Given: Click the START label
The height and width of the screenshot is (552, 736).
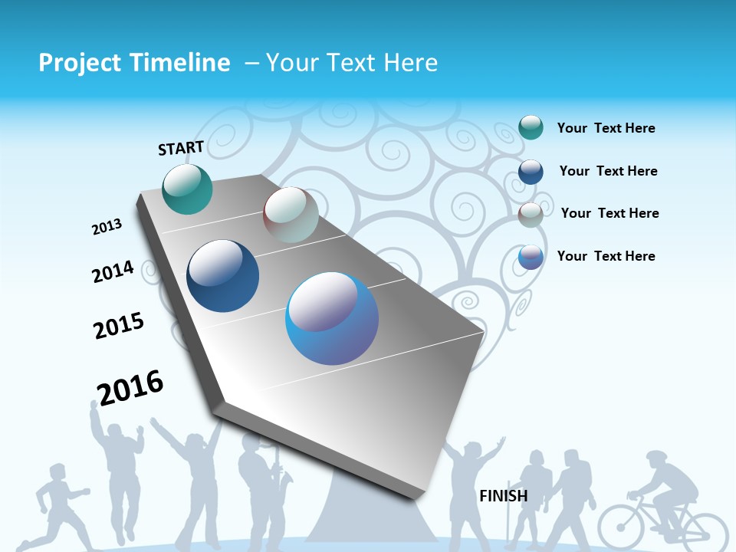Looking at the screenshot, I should (181, 148).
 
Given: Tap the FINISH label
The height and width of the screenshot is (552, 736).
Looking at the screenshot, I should (504, 496).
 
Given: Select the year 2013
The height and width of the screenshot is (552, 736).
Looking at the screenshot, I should (107, 227).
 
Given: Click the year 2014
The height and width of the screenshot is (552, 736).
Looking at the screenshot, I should (113, 272).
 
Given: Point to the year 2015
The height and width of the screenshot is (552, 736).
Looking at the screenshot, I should (119, 326).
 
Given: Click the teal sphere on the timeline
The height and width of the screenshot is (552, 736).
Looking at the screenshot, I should (188, 189).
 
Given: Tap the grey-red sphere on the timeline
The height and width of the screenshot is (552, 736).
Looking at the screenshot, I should (291, 215).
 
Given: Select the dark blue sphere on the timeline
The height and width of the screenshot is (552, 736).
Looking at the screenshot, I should (223, 276).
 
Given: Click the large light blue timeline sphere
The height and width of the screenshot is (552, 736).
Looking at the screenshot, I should (332, 318).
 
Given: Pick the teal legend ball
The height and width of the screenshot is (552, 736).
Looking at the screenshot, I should (531, 127).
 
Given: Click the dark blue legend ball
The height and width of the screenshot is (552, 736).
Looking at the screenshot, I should (531, 171).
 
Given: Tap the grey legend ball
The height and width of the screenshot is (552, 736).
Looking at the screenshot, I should (531, 214).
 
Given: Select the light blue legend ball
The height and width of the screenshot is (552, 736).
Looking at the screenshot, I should (531, 257).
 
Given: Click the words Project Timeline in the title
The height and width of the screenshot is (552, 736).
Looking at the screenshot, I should (134, 63).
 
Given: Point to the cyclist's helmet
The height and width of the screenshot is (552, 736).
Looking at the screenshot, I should (657, 458).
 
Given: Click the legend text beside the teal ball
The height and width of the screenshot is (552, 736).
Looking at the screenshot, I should (606, 128).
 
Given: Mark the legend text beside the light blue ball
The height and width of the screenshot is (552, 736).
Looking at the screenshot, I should (606, 256).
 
